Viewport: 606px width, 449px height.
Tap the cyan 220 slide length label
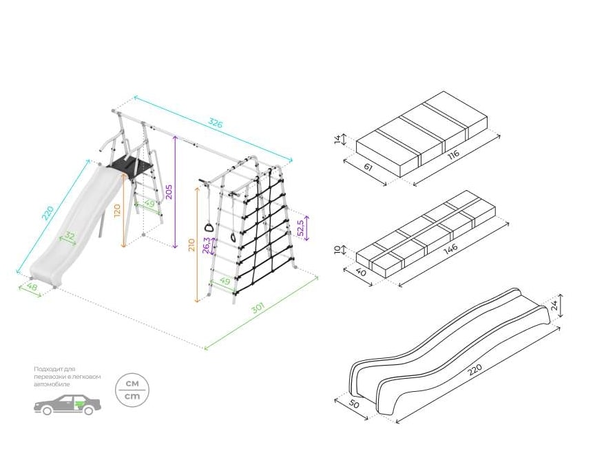[x=47, y=214]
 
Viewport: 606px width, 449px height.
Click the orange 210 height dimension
[x=191, y=245]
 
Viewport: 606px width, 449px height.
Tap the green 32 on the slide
[x=70, y=237]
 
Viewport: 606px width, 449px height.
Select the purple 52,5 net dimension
[x=300, y=228]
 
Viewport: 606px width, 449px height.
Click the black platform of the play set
[x=129, y=166]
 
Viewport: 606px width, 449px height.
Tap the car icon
[x=67, y=405]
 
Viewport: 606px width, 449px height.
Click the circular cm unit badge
[x=132, y=391]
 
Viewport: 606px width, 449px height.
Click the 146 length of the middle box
[x=450, y=249]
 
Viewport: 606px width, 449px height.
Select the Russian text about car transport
[x=67, y=376]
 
